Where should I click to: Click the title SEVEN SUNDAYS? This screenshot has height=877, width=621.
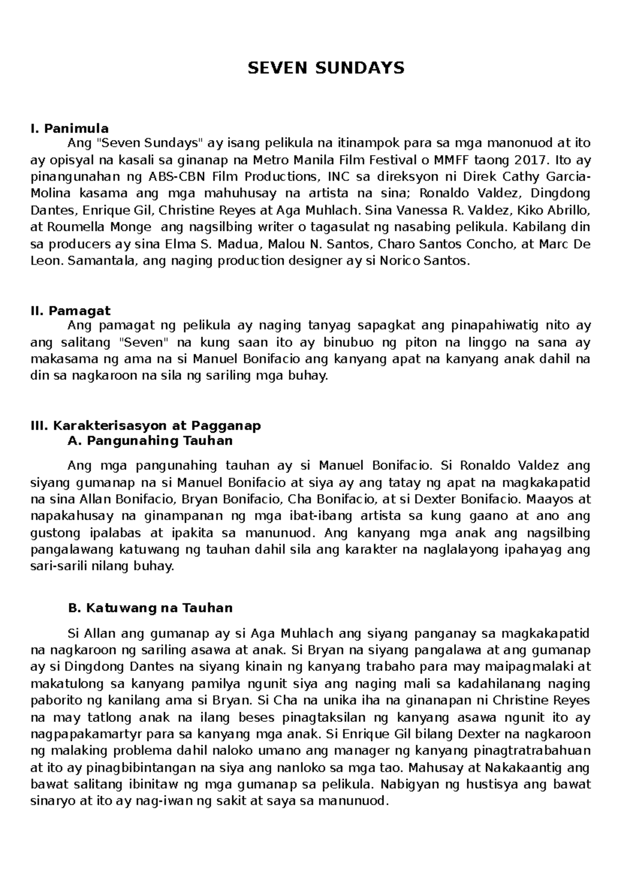(x=326, y=68)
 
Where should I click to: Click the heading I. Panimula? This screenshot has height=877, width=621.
(x=69, y=128)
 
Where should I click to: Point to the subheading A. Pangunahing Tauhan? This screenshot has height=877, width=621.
(x=150, y=441)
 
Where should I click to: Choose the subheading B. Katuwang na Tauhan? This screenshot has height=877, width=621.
(x=150, y=608)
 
